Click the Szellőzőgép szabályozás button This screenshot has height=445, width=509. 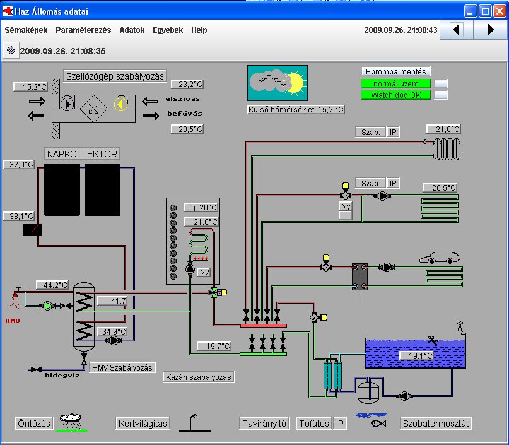pyautogui.click(x=115, y=76)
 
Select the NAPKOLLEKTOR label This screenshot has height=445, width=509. pyautogui.click(x=82, y=153)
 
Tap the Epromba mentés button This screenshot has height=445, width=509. pyautogui.click(x=395, y=71)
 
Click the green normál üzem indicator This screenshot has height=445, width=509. pyautogui.click(x=395, y=83)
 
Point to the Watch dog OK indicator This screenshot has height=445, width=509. pyautogui.click(x=395, y=95)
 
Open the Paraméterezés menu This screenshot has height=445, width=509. pyautogui.click(x=83, y=30)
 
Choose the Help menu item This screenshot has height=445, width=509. pyautogui.click(x=199, y=30)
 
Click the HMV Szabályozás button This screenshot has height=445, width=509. pyautogui.click(x=122, y=367)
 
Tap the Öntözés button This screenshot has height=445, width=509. pyautogui.click(x=34, y=424)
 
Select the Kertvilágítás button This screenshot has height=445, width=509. pyautogui.click(x=143, y=424)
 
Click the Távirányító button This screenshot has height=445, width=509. pyautogui.click(x=264, y=424)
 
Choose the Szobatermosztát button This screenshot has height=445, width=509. pyautogui.click(x=436, y=424)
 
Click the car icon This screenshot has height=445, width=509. pyautogui.click(x=440, y=258)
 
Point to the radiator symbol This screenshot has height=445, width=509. pyautogui.click(x=447, y=149)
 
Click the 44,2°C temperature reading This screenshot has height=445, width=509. pyautogui.click(x=52, y=285)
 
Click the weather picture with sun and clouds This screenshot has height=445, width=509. pyautogui.click(x=278, y=83)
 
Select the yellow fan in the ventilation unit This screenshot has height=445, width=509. pyautogui.click(x=120, y=104)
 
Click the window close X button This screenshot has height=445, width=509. pyautogui.click(x=500, y=11)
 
